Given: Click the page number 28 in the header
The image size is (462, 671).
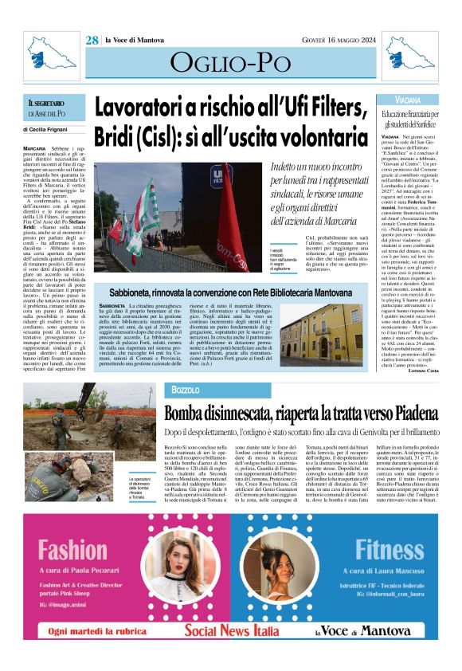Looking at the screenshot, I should (92, 40).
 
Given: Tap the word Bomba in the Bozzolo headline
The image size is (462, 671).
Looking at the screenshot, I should (188, 413).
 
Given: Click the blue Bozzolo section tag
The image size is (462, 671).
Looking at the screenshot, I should (185, 389).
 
